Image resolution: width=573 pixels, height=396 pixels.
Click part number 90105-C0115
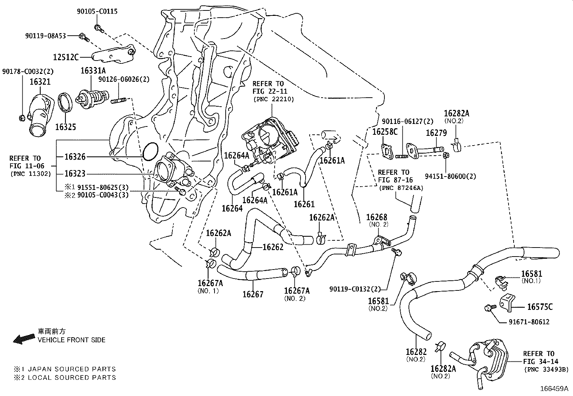(x=97, y=12)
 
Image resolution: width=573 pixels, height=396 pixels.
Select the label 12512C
(x=66, y=57)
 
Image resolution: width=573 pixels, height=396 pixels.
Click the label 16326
(x=75, y=157)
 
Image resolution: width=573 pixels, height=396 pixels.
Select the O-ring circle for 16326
(x=150, y=151)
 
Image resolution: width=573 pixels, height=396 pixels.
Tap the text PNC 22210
(x=273, y=99)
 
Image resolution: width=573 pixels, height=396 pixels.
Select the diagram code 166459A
(x=554, y=389)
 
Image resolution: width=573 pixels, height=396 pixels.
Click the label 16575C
(x=540, y=307)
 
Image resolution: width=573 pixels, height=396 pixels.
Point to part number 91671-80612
(x=529, y=322)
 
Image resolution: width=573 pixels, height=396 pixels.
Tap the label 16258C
(x=384, y=132)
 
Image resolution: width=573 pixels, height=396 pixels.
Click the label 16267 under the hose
(x=253, y=294)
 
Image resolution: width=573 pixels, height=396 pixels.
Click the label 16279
(x=436, y=133)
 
